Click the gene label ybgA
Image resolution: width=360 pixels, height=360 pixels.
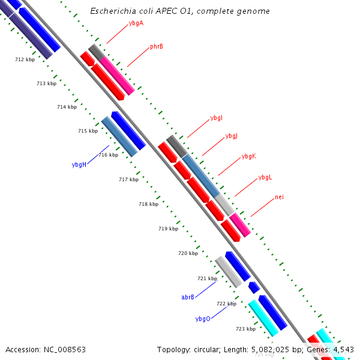pos(136,23)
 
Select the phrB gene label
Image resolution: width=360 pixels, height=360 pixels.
pos(157,46)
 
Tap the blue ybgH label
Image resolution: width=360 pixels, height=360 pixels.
pos(79,164)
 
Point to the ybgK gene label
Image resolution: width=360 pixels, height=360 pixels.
pos(248,156)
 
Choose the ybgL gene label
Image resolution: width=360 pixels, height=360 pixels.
pos(265,178)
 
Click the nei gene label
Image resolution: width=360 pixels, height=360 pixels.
pos(279,197)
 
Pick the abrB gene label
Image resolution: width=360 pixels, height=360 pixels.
pos(188,297)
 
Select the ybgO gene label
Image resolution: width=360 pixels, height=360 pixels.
pos(203,319)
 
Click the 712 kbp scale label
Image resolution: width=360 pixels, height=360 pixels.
pos(25,59)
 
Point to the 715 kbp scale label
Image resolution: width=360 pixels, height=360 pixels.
pos(88,131)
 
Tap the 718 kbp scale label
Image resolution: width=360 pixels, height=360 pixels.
pos(148,204)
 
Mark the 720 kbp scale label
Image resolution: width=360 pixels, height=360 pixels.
pos(188,253)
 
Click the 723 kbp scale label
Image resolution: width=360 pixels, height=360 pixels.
pos(245,329)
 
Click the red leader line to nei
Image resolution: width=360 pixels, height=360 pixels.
pos(262,208)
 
